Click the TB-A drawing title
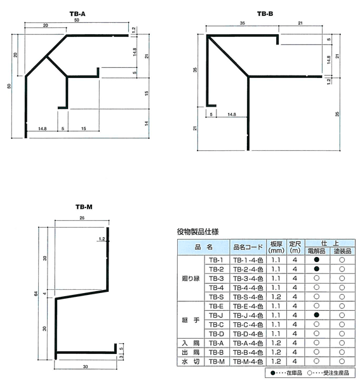tap(77, 14)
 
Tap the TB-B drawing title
tap(265, 14)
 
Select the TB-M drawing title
tap(84, 207)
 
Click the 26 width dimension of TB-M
tap(82, 218)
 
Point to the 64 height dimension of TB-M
tap(36, 294)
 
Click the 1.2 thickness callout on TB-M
tap(102, 239)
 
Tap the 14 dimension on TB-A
tap(147, 123)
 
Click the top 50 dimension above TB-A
tap(77, 20)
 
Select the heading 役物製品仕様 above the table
tap(197, 232)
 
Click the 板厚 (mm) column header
tap(276, 247)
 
